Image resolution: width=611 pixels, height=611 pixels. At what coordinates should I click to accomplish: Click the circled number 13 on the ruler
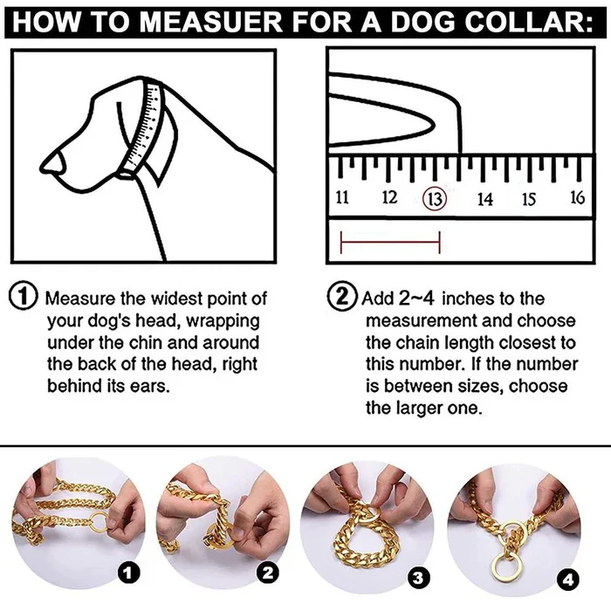[x=433, y=198]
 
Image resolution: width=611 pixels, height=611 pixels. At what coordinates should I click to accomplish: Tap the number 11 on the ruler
[x=342, y=197]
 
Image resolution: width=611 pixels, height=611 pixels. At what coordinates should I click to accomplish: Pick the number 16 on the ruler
[x=577, y=197]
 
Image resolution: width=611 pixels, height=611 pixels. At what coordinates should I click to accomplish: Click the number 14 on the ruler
[x=484, y=199]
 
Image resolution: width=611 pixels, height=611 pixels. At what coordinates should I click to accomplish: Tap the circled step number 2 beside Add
[x=341, y=297]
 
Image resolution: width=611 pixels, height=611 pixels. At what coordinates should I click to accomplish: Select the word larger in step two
[x=422, y=408]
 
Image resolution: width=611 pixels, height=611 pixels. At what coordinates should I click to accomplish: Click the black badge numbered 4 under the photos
[x=569, y=578]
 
